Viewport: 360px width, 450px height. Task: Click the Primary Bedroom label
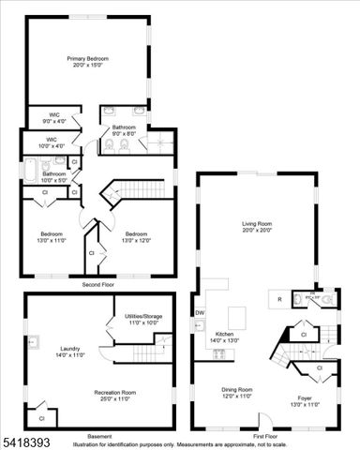(87, 59)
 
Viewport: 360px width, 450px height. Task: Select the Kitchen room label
(224, 334)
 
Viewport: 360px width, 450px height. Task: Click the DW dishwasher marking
(200, 312)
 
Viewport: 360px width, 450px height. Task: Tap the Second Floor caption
(98, 283)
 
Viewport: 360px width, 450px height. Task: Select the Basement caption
(98, 437)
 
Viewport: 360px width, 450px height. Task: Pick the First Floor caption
(265, 437)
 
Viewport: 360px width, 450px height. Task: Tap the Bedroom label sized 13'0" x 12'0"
(137, 233)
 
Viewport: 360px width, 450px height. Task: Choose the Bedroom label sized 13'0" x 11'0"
(52, 233)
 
